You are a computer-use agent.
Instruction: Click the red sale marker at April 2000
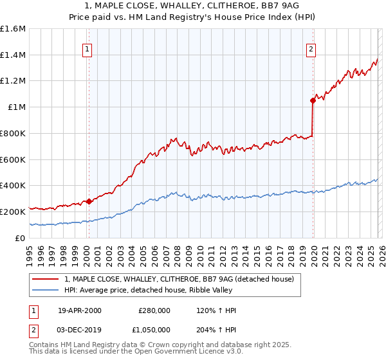(x=89, y=201)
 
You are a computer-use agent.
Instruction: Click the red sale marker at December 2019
(x=313, y=100)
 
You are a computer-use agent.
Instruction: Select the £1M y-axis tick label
(x=17, y=107)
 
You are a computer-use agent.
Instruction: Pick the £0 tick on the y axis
(x=21, y=238)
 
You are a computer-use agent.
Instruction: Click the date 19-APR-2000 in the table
(x=80, y=310)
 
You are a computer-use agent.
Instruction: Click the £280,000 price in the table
(x=154, y=310)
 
